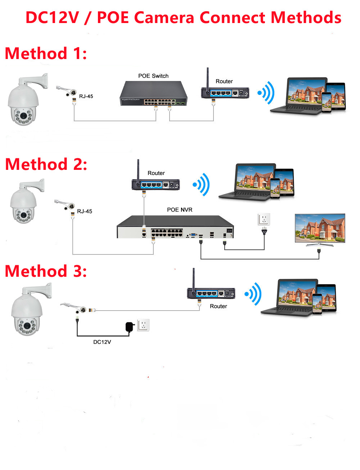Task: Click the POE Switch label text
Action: (x=153, y=76)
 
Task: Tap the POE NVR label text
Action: (x=180, y=210)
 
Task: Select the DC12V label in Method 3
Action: (x=102, y=342)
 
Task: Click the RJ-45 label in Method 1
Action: (x=86, y=96)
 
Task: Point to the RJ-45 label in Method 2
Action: (x=85, y=211)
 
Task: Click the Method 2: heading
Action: (x=46, y=164)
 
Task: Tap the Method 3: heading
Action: (x=46, y=271)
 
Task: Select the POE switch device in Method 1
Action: (x=154, y=93)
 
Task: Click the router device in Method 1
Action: (x=225, y=92)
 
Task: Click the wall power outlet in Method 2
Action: (x=264, y=219)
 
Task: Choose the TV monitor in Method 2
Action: (x=320, y=229)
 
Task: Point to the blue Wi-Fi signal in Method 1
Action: (x=267, y=93)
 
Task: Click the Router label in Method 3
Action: (x=219, y=306)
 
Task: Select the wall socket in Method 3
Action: (x=143, y=325)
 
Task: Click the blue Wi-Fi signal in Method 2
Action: (x=202, y=185)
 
